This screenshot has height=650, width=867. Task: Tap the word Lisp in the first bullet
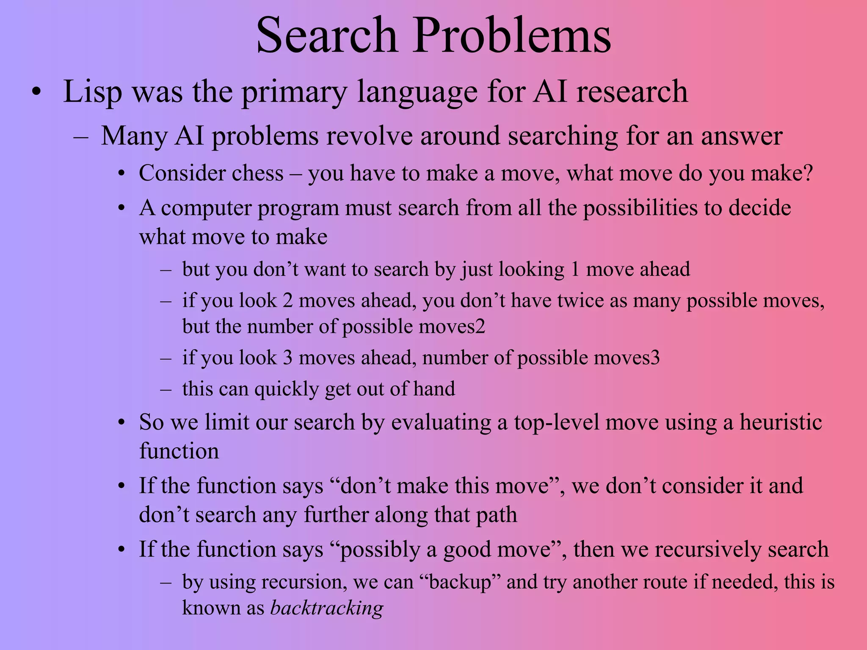coord(93,92)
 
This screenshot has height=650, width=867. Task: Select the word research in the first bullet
coord(632,92)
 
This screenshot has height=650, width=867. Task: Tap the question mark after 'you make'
coord(808,174)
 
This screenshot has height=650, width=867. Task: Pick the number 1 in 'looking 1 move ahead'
coord(575,270)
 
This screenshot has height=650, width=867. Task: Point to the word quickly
coord(286,389)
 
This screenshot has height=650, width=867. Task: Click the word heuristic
coord(781,422)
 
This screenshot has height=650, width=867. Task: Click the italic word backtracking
coord(326,608)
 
